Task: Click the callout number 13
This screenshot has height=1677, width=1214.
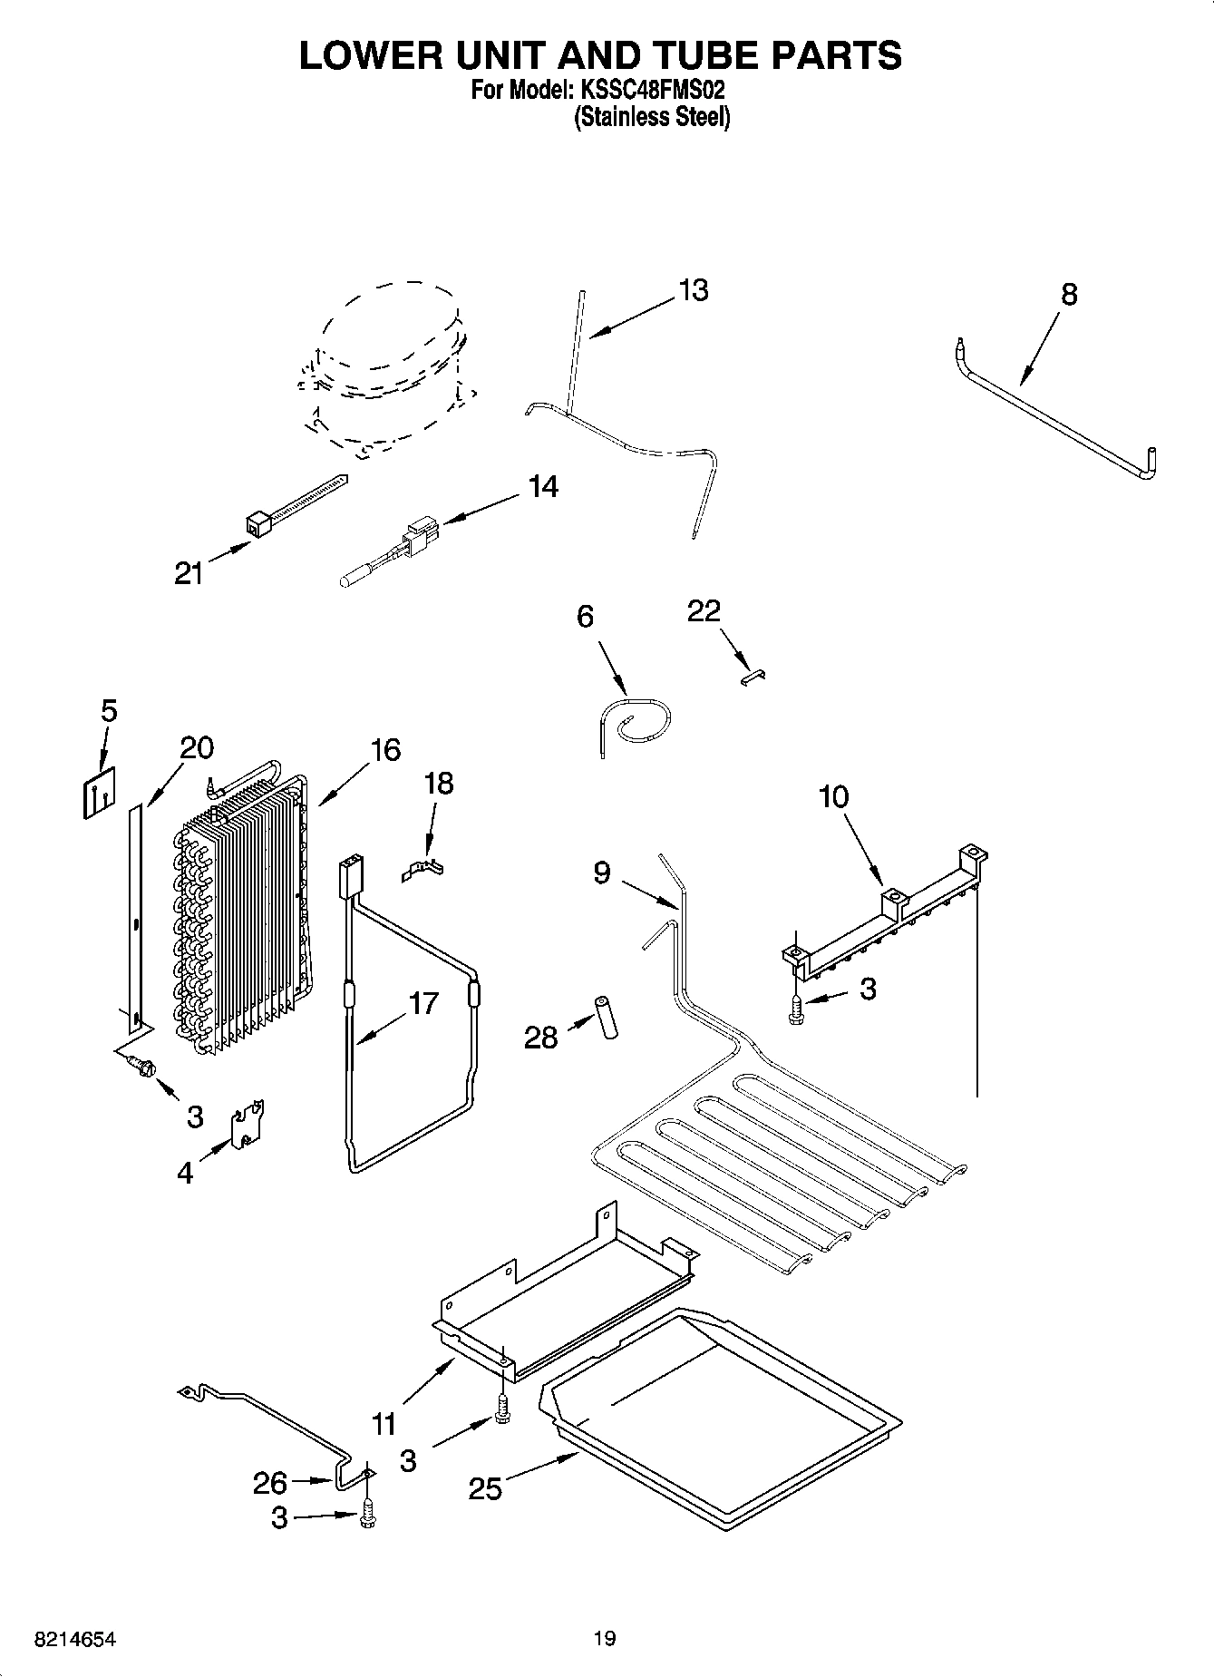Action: (693, 290)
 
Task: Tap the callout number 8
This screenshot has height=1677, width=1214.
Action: (1069, 294)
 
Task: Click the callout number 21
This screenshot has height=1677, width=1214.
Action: (189, 573)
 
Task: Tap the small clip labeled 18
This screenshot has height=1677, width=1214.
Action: (423, 871)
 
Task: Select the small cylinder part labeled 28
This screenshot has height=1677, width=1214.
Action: (605, 1018)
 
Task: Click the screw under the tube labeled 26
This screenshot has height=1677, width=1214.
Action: (367, 1516)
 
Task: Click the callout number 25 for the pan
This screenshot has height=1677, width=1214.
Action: (485, 1488)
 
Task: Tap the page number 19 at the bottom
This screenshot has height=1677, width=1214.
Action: (605, 1638)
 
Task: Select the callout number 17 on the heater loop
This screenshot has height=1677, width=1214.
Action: (422, 1003)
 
